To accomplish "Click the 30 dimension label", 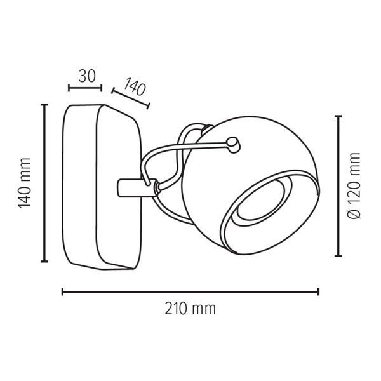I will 87,76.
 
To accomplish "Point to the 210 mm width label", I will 190,309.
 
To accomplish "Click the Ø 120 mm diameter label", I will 354,185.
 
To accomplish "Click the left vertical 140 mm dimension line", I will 44,183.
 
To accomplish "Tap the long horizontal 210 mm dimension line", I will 190,292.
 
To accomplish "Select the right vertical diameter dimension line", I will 338,186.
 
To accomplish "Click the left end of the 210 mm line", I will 62,292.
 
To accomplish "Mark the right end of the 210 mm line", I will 318,292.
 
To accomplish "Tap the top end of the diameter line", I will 338,116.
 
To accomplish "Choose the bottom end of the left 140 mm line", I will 44,261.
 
